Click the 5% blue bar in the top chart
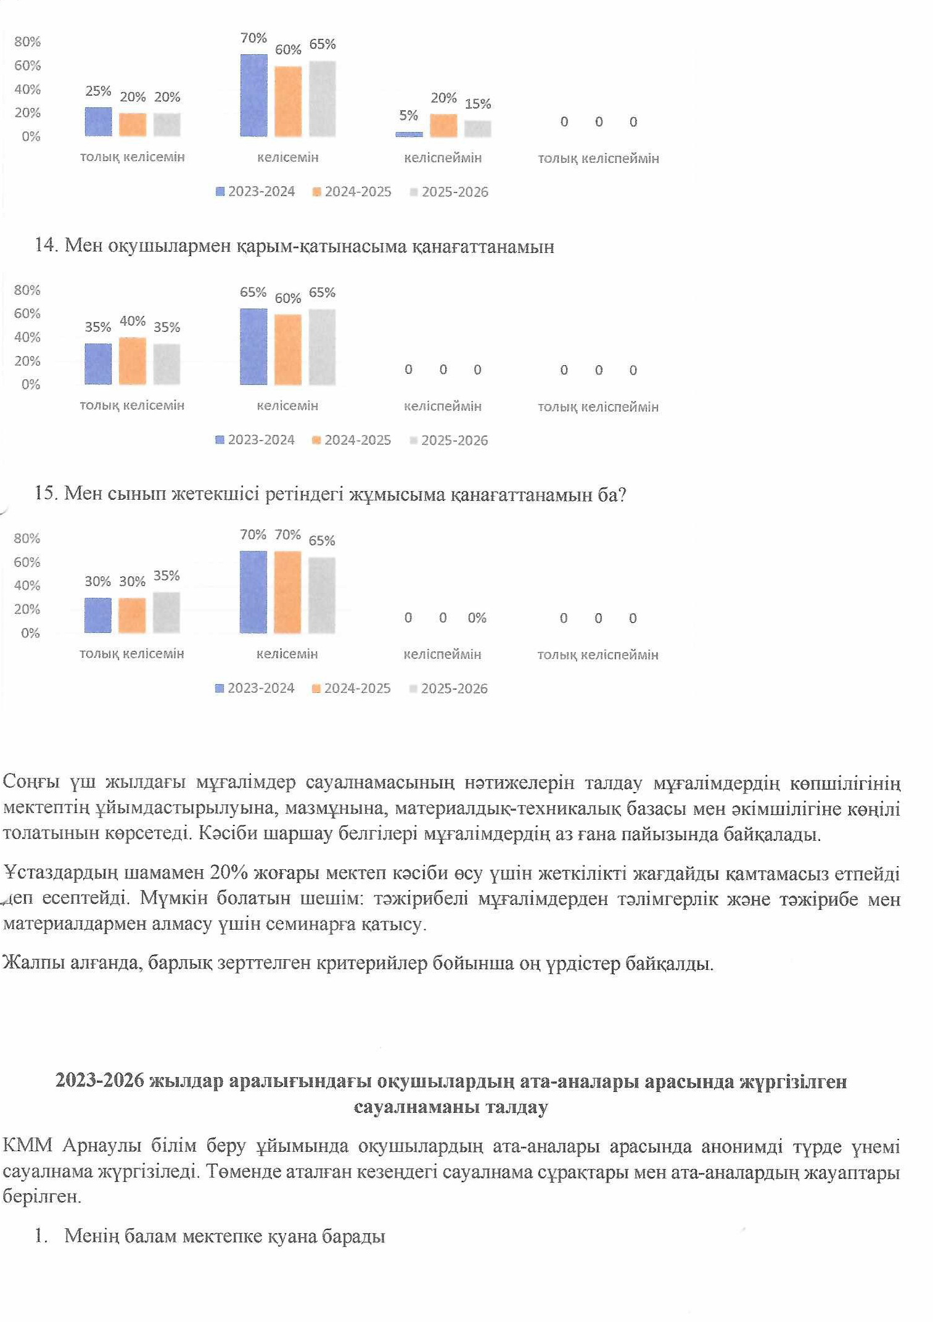pyautogui.click(x=409, y=134)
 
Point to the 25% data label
pyautogui.click(x=98, y=91)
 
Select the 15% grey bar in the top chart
pyautogui.click(x=478, y=128)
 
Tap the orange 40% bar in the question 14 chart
pyautogui.click(x=133, y=361)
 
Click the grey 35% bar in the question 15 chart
pyautogui.click(x=166, y=613)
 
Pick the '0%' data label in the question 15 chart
pyautogui.click(x=477, y=618)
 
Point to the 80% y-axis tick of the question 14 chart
pyautogui.click(x=27, y=290)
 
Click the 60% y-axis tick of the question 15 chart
pyautogui.click(x=27, y=562)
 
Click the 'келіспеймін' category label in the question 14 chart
pyautogui.click(x=442, y=407)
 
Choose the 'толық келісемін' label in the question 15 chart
pyautogui.click(x=132, y=654)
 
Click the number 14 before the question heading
pyautogui.click(x=45, y=246)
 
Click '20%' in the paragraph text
pyautogui.click(x=229, y=872)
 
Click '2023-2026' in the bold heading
pyautogui.click(x=99, y=1080)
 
